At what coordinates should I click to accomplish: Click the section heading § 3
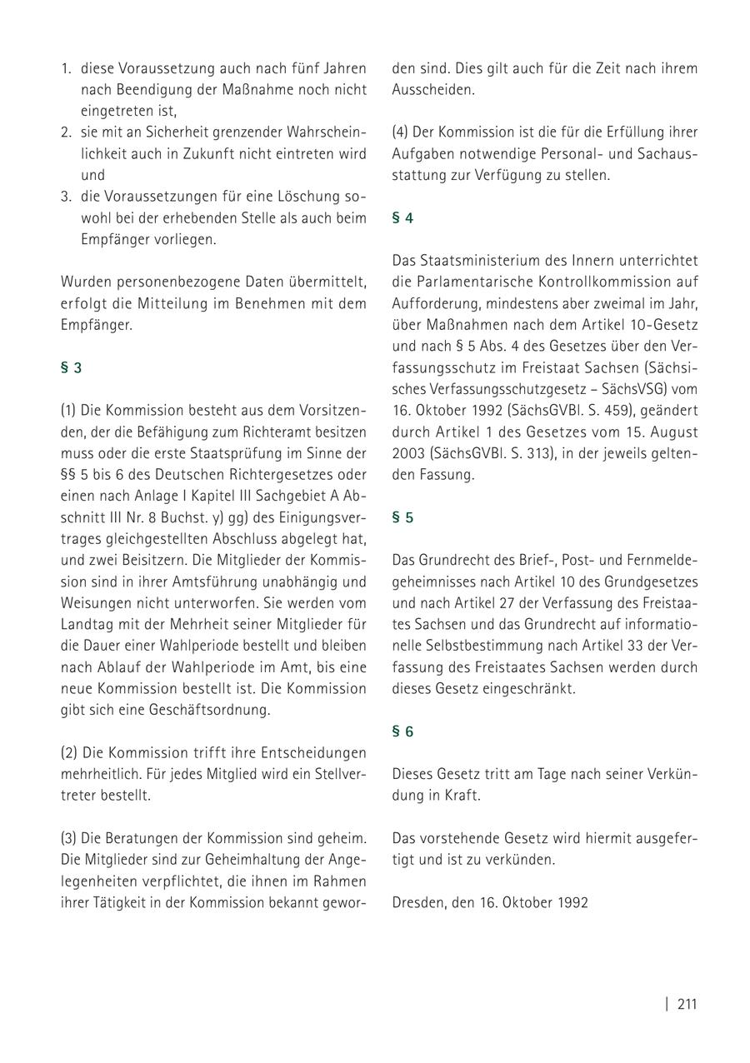point(71,367)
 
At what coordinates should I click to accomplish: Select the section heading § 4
point(402,218)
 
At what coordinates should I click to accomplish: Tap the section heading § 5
point(402,517)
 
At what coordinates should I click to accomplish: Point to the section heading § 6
point(402,731)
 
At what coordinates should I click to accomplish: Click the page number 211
point(687,1004)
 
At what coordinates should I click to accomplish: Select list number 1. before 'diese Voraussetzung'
point(66,68)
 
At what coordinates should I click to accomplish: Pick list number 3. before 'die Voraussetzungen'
point(66,197)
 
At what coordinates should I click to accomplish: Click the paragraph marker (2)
point(69,752)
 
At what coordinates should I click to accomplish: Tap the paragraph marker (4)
point(401,132)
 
